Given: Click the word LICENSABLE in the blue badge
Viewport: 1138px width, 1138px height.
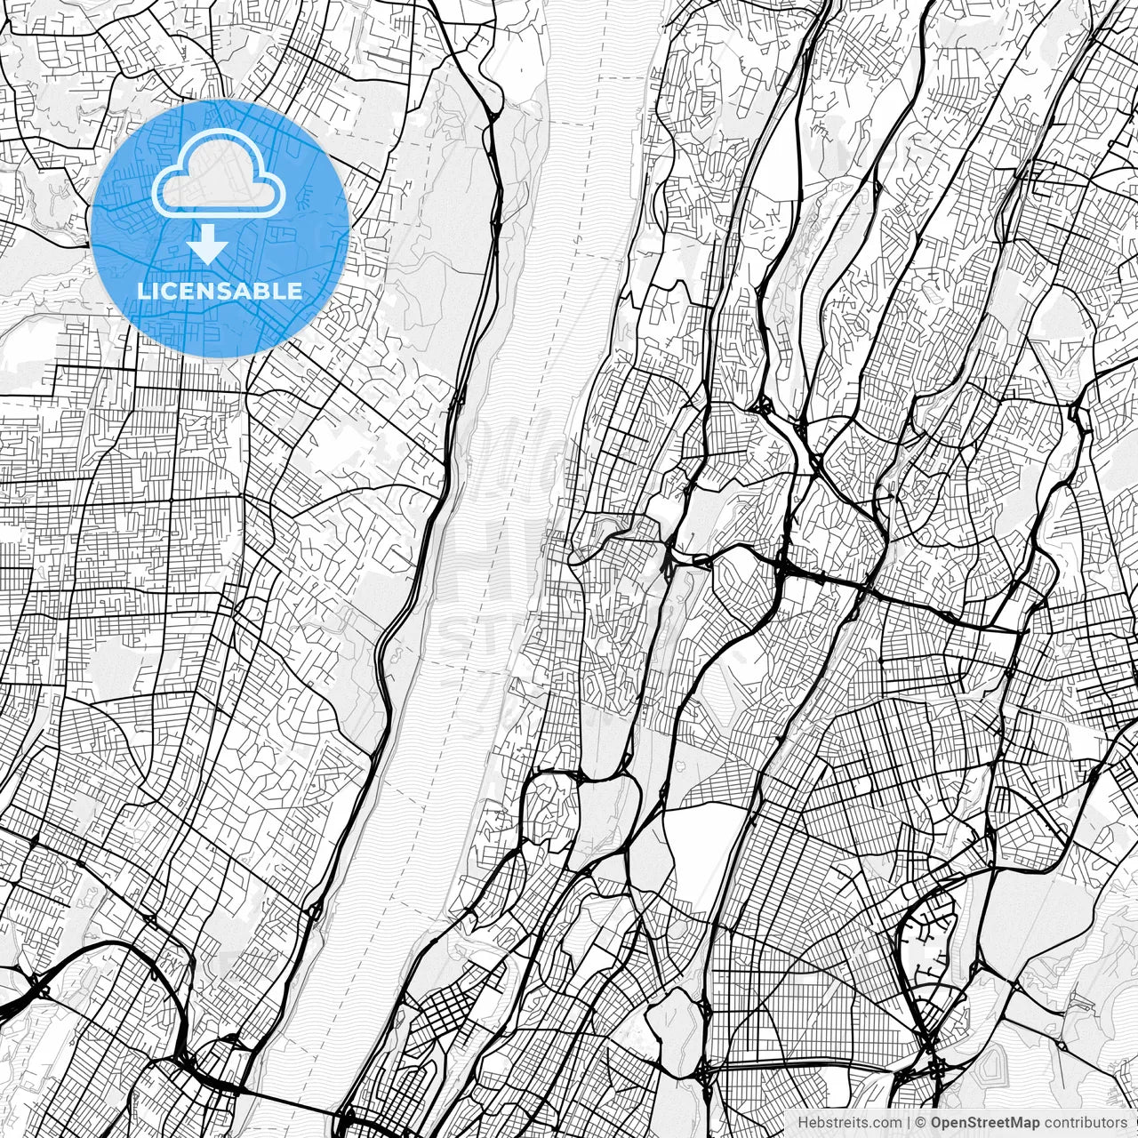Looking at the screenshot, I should click(x=219, y=291).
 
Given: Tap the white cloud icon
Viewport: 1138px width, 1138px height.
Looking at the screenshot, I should click(x=219, y=176).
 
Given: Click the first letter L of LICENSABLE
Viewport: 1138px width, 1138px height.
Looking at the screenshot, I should click(x=141, y=291).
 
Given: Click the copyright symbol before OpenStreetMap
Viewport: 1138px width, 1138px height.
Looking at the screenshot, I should click(x=922, y=1123).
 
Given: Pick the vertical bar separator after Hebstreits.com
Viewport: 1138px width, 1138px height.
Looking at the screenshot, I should click(x=906, y=1123).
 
